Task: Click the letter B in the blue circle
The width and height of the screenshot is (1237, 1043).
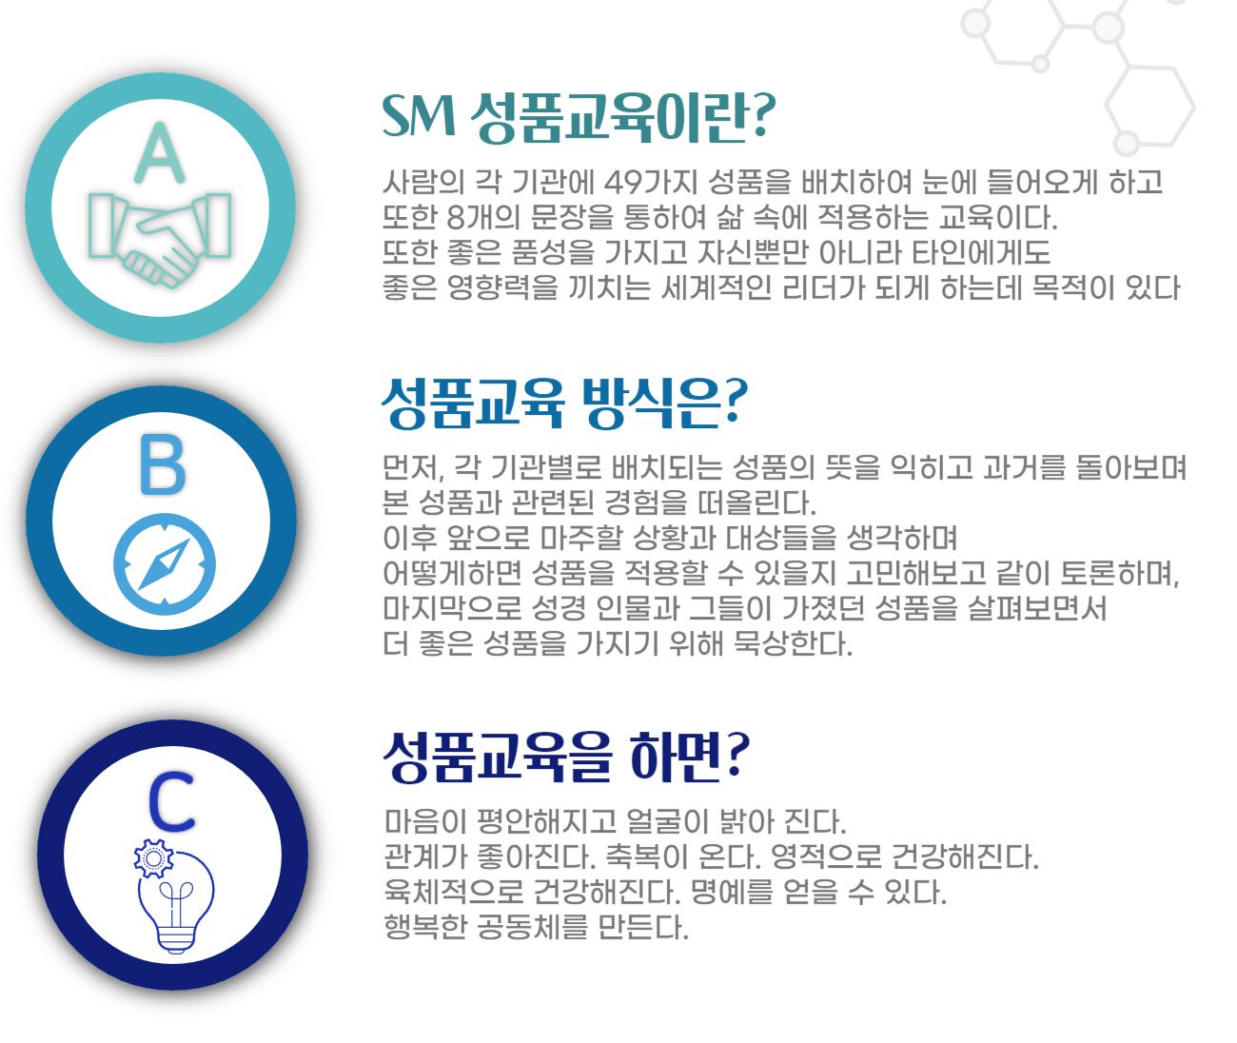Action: (163, 464)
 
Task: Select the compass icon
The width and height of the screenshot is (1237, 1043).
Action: (164, 564)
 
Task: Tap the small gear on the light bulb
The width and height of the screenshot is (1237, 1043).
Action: (153, 858)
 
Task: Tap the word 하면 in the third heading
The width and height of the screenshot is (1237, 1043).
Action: (675, 757)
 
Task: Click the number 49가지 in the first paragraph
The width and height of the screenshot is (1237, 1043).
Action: (651, 182)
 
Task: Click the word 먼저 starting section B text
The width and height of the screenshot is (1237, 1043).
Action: (412, 467)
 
